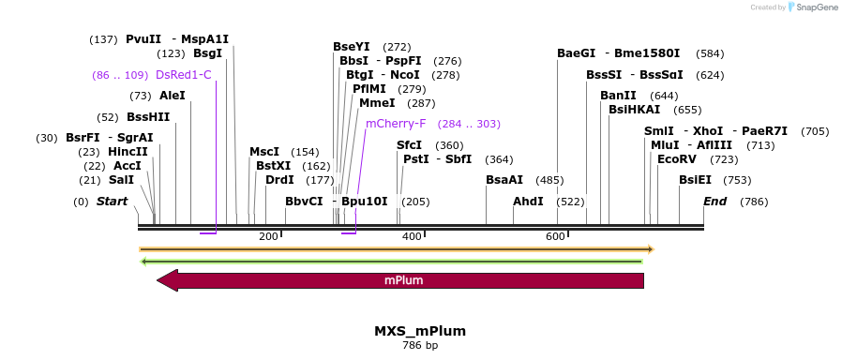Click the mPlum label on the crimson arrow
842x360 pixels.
click(401, 280)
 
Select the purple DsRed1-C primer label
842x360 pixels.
click(184, 74)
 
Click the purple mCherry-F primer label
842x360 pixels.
click(396, 123)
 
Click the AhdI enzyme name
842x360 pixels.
click(528, 202)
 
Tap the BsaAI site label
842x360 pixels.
click(504, 180)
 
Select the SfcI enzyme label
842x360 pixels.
click(410, 145)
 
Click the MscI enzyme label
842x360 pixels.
click(264, 152)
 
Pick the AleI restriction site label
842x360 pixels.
click(173, 96)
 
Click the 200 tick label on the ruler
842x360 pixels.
click(269, 236)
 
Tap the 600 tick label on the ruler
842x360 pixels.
click(554, 236)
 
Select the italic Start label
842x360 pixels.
click(113, 202)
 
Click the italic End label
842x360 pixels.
click(714, 202)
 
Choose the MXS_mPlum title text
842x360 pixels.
click(420, 331)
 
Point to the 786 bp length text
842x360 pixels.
click(420, 346)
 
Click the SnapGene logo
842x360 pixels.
click(812, 7)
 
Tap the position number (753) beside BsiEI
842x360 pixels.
click(738, 180)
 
